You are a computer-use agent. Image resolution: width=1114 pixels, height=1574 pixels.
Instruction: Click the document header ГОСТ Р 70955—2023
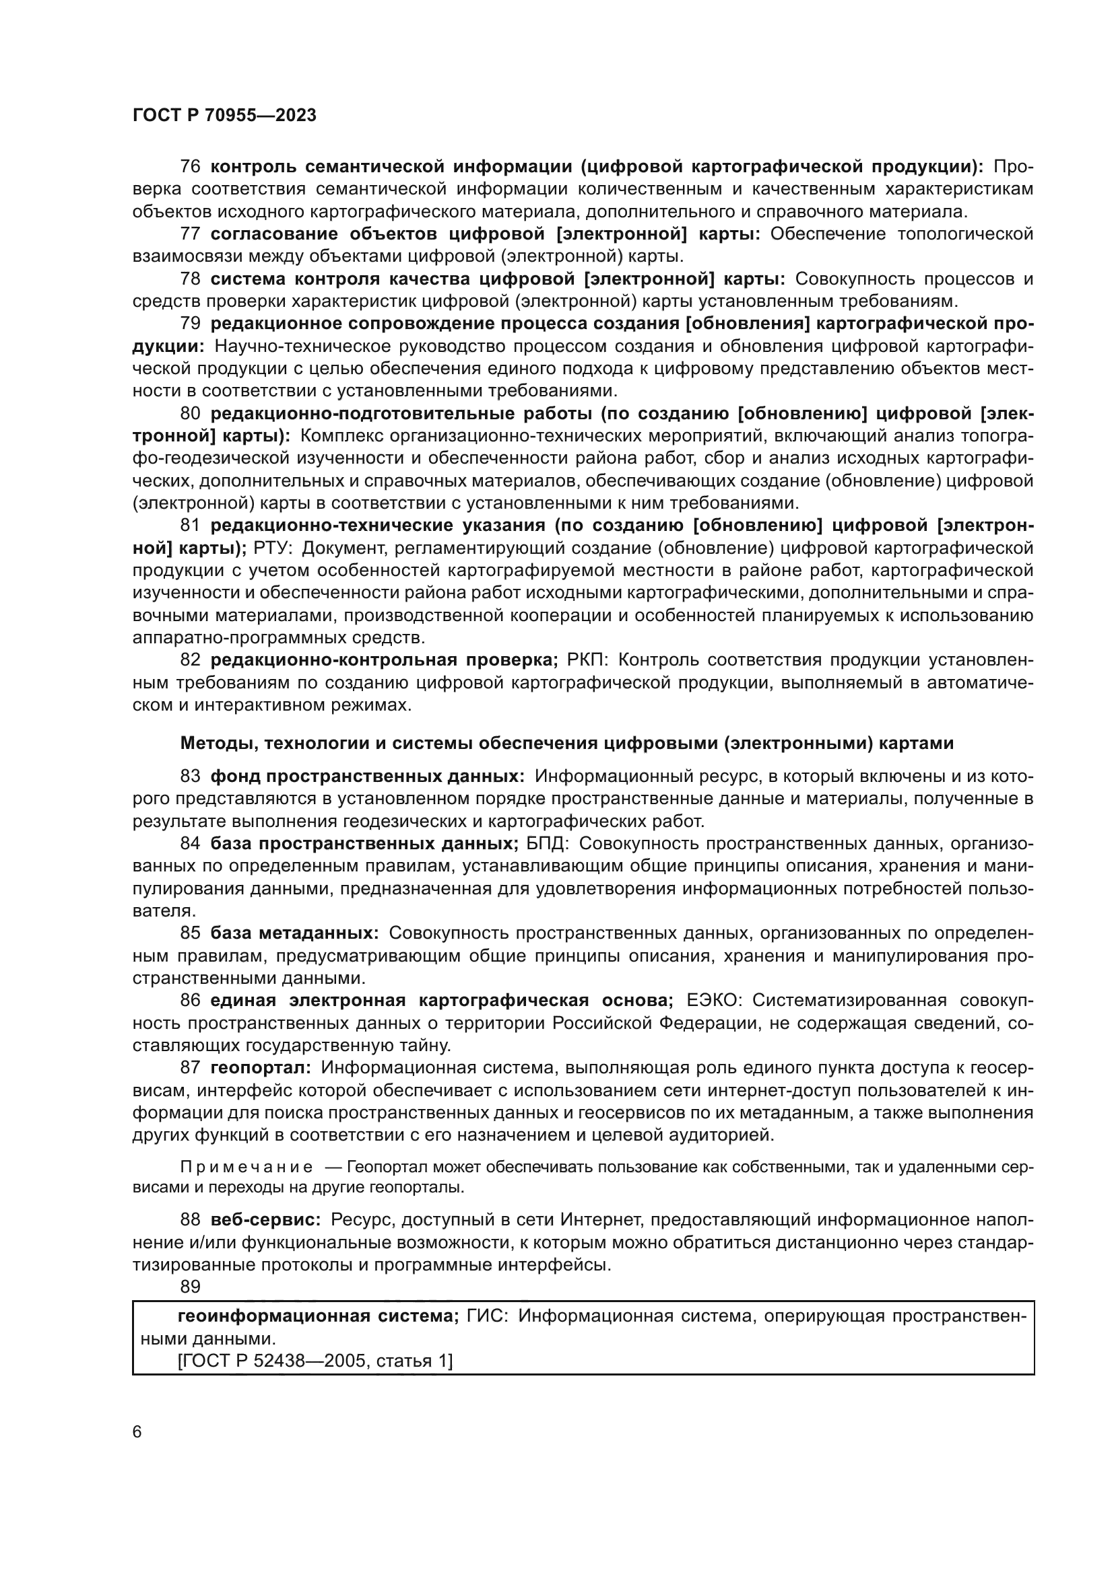point(224,115)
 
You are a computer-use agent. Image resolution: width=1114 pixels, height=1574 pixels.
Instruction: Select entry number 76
point(190,167)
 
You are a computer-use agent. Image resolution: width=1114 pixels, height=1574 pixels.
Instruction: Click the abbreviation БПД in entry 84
point(548,843)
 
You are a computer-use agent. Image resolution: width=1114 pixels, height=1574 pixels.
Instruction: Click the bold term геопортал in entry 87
point(261,1067)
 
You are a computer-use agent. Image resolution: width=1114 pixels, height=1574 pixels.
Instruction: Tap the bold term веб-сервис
point(265,1219)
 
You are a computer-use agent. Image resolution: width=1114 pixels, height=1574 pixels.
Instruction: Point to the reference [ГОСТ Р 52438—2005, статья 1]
point(315,1361)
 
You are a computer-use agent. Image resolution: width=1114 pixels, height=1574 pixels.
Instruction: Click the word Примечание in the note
point(247,1167)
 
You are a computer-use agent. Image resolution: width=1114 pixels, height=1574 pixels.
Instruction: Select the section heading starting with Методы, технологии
point(566,743)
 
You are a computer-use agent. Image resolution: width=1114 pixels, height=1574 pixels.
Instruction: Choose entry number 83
point(190,776)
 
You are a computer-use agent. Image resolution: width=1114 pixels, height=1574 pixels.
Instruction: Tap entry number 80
point(190,413)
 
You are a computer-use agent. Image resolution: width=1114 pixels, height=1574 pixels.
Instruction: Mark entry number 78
point(190,279)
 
